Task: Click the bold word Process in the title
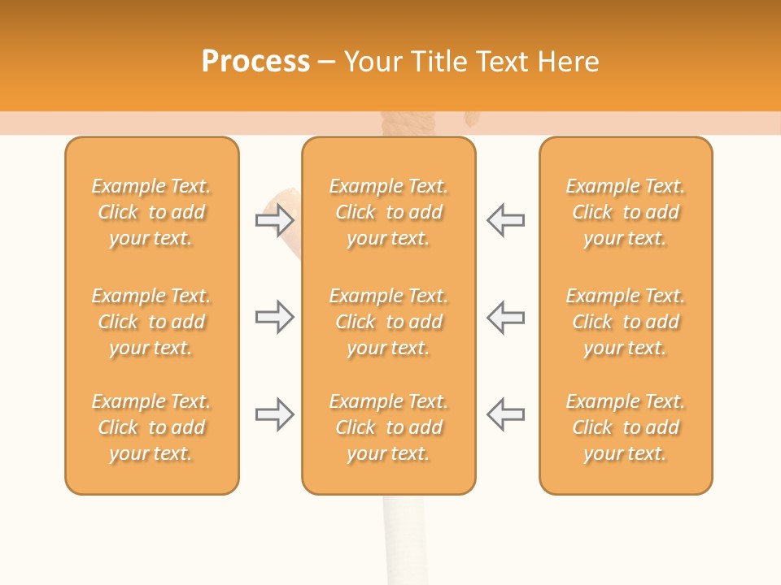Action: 255,61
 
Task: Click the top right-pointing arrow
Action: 274,220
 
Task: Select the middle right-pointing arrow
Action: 274,317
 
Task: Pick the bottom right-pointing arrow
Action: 274,414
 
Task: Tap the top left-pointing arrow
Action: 505,220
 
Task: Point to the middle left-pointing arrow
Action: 505,317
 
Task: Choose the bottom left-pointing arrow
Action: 505,414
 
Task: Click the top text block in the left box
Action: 151,212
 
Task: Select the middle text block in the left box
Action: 151,322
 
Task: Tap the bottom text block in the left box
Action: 151,427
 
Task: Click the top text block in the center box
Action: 388,212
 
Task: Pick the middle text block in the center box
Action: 388,322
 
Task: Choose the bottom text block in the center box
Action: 388,427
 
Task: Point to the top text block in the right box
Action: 626,212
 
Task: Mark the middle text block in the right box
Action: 626,322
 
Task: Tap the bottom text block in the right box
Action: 626,427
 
